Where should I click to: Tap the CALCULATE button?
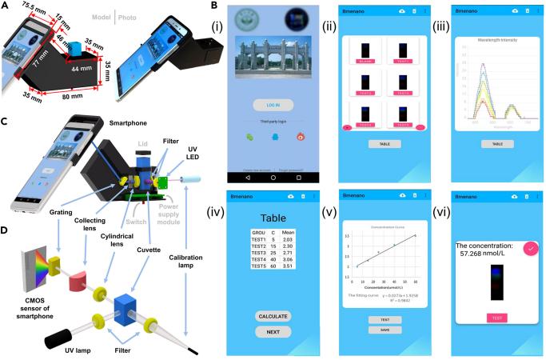click(x=273, y=315)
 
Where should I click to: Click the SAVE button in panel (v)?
click(x=385, y=330)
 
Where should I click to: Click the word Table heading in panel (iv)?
click(x=273, y=218)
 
